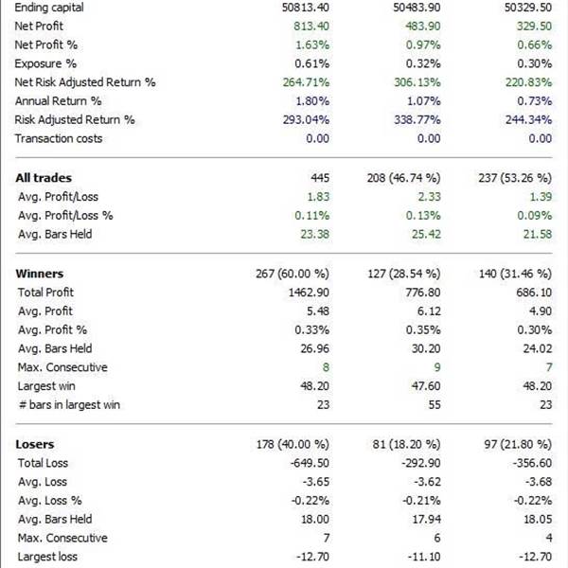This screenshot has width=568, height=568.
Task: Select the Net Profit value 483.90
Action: (418, 26)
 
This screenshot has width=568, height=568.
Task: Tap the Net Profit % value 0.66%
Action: (533, 44)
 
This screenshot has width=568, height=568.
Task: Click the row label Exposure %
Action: (45, 63)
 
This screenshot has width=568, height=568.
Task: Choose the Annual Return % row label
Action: (58, 101)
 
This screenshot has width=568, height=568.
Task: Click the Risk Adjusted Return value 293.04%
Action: (303, 120)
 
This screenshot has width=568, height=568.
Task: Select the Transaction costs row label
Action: (59, 139)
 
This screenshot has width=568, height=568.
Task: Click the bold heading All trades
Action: (44, 178)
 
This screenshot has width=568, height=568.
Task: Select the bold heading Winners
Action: (40, 274)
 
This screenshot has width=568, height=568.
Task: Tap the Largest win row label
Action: (48, 386)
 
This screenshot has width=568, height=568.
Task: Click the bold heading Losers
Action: (35, 444)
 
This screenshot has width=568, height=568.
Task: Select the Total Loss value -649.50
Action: (307, 463)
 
